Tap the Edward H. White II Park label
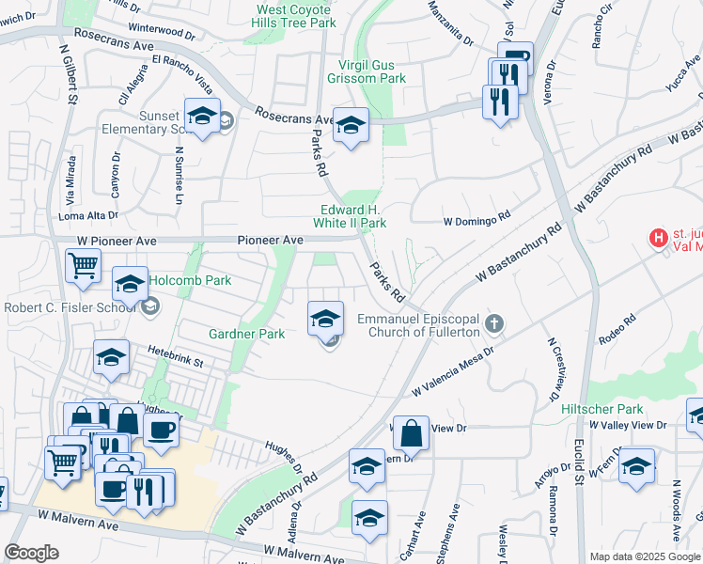350,216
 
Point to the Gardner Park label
246,334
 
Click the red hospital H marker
659,240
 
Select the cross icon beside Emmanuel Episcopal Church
495,326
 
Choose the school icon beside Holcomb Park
130,284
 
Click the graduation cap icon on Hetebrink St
111,357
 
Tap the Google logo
32,552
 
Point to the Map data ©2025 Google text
645,556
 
